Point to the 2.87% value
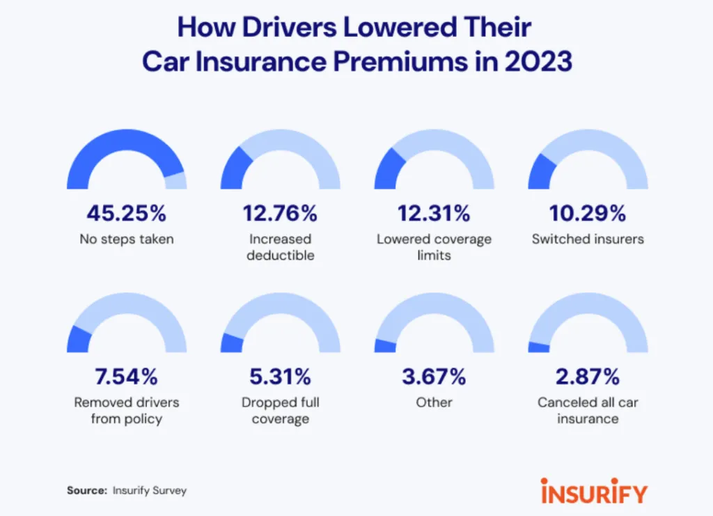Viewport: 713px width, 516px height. tap(588, 377)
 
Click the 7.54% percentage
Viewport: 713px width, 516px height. tap(126, 377)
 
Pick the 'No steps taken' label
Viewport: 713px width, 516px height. tap(126, 239)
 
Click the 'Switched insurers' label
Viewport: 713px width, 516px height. tap(588, 239)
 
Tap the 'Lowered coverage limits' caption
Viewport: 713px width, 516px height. tap(434, 247)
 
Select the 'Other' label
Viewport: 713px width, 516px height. tap(434, 402)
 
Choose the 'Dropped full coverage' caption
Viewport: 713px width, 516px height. tap(280, 410)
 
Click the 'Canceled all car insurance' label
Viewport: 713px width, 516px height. tap(588, 410)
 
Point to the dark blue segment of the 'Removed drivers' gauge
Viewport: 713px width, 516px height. tap(79, 339)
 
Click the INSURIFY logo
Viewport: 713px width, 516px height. tap(593, 490)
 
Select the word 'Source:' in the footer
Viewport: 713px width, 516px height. tap(87, 490)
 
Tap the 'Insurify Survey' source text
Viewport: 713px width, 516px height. tap(150, 490)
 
